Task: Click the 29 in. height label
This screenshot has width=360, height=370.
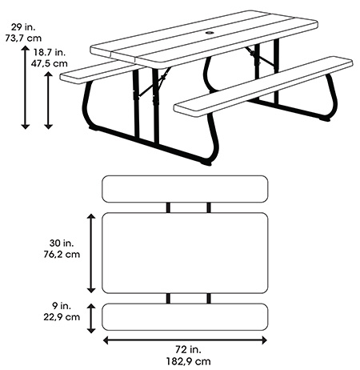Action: coord(23,27)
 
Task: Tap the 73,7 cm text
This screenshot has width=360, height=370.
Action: coord(23,38)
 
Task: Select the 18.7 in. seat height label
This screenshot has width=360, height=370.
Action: coord(50,52)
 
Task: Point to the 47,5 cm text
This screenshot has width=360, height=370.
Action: coord(50,63)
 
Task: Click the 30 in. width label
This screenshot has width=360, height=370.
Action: coord(62,243)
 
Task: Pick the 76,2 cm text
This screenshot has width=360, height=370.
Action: coord(62,254)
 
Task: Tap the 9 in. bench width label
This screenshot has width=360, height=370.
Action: coord(62,306)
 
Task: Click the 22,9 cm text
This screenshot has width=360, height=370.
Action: coord(62,317)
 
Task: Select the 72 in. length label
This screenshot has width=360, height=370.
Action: coord(189,349)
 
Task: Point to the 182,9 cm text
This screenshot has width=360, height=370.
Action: coord(189,361)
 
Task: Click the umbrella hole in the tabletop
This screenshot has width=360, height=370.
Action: coord(210,34)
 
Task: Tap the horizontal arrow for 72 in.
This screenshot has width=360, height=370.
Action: coord(185,340)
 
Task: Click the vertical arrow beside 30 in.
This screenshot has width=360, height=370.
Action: coord(91,253)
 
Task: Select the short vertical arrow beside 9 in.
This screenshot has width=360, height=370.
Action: coord(91,318)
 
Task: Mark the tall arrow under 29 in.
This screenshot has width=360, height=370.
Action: coord(26,87)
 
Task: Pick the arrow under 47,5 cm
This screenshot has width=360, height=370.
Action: coord(48,100)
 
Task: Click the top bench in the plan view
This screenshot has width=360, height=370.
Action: coord(185,189)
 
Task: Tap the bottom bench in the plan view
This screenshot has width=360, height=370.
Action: coord(185,317)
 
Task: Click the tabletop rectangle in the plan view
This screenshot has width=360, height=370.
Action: coord(185,253)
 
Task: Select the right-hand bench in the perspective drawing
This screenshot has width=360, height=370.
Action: coord(263,86)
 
